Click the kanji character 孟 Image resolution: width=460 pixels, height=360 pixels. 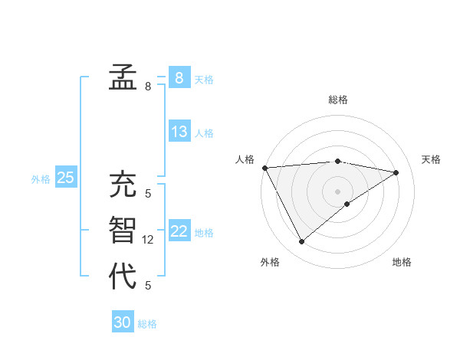[122, 77]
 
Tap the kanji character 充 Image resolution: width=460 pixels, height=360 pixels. [122, 185]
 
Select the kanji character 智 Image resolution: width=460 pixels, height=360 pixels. [122, 231]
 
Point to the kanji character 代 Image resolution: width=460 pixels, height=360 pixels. [122, 276]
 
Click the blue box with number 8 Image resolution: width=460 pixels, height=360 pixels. [179, 78]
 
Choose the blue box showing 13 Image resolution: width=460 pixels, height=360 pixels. [179, 132]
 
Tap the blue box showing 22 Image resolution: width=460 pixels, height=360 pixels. [179, 231]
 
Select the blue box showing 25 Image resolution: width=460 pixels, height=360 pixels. [66, 178]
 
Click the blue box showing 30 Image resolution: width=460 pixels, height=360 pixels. [123, 322]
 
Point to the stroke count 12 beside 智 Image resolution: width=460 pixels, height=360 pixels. [148, 240]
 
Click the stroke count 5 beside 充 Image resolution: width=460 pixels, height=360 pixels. [148, 194]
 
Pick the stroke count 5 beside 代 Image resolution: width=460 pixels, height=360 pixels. [148, 286]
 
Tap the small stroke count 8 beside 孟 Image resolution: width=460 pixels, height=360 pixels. [148, 87]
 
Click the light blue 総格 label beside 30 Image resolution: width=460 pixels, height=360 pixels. [147, 324]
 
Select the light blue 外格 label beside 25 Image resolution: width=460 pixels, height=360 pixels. [41, 179]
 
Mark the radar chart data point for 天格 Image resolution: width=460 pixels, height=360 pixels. [396, 172]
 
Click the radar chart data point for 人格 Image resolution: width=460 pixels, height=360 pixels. [264, 168]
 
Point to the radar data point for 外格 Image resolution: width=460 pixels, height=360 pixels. [301, 242]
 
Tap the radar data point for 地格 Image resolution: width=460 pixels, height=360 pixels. [347, 204]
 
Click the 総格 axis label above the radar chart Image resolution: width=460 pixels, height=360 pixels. [337, 100]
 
